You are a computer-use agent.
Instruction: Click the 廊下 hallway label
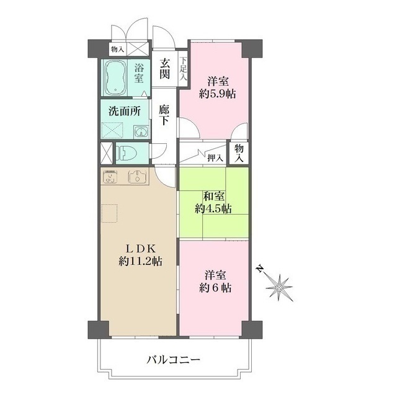tap(164, 115)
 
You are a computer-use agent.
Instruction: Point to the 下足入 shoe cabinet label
tap(184, 66)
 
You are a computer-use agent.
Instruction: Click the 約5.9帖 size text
tap(216, 94)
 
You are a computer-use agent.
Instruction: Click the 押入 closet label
tap(215, 158)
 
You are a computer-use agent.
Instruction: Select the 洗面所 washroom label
tap(124, 112)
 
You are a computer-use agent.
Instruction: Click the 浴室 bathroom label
tap(139, 73)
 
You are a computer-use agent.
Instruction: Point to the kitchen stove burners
tap(111, 177)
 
